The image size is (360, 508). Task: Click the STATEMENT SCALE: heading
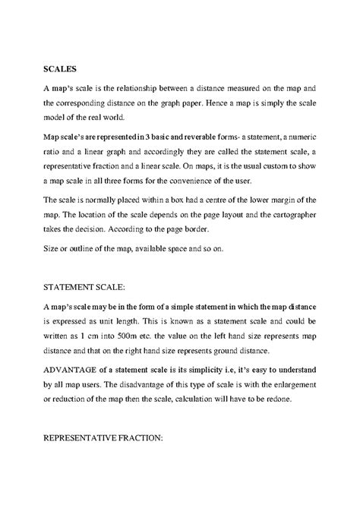tap(72, 286)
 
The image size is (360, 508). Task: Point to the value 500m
tap(121, 335)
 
